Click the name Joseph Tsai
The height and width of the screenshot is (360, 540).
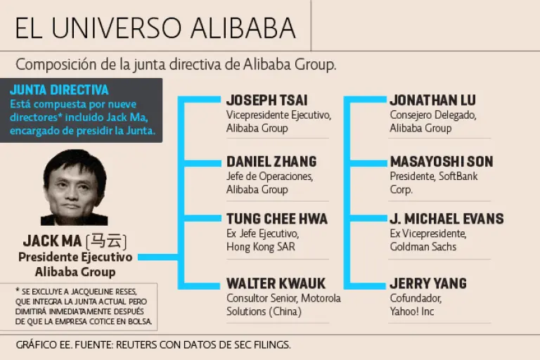coord(266,101)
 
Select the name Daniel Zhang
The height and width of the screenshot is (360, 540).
coord(271,162)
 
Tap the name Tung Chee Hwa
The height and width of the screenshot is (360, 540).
coord(276,219)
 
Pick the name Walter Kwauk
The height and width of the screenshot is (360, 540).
coord(276,283)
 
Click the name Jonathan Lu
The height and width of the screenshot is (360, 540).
coord(432,101)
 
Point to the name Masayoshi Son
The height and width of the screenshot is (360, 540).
coord(442,162)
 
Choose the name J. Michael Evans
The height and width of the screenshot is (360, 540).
coord(446,219)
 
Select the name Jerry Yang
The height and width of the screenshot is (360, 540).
coord(428,283)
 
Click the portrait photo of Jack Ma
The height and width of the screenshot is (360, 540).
coord(74,188)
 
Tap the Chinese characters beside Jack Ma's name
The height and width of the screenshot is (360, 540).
coord(106,241)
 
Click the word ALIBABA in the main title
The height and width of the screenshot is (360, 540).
coord(243,27)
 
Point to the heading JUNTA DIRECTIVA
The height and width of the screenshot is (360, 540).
coord(59,90)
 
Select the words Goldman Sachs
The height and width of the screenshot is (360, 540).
coord(423,247)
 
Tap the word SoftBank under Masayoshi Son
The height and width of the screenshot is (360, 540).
coord(458,176)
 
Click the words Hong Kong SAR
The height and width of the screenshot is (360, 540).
coord(260,247)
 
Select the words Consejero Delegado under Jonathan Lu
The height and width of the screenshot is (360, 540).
coord(433,115)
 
